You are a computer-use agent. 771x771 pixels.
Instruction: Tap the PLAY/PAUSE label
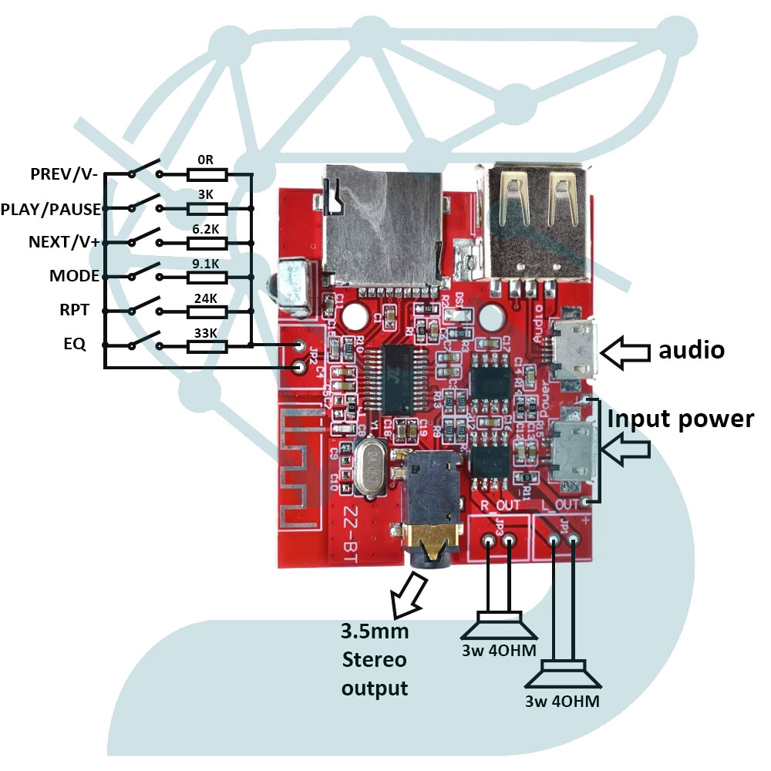pyautogui.click(x=51, y=209)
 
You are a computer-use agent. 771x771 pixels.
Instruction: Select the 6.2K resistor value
pyautogui.click(x=205, y=229)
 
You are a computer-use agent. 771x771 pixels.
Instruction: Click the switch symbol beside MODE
pyautogui.click(x=145, y=275)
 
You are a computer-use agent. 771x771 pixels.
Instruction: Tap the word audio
pyautogui.click(x=691, y=350)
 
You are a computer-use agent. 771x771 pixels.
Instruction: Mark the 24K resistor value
pyautogui.click(x=205, y=298)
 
